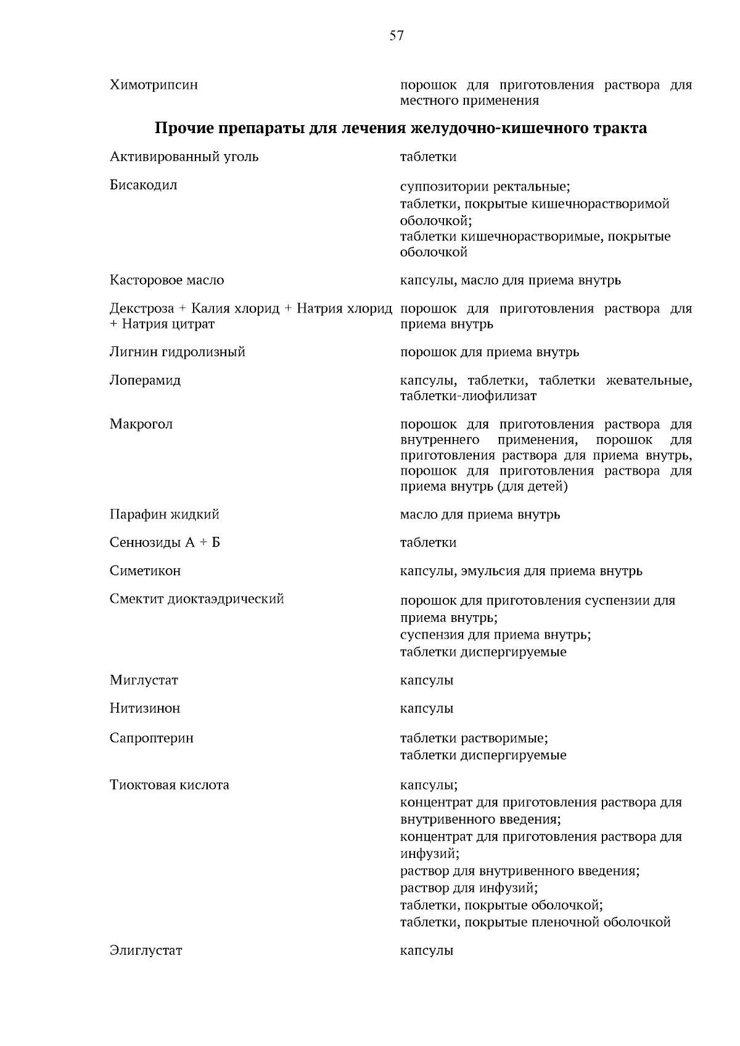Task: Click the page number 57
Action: tap(397, 36)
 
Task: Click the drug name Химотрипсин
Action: tap(154, 85)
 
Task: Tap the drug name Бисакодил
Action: tap(143, 185)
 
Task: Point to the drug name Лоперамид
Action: tap(145, 380)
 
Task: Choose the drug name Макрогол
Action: tap(141, 424)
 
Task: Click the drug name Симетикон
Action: tap(145, 571)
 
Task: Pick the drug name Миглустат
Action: tap(144, 680)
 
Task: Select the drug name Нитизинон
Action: tap(145, 708)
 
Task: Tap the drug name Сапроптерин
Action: tap(152, 738)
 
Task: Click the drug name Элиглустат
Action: tap(146, 950)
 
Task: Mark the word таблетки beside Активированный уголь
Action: tap(428, 157)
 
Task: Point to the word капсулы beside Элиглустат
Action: tap(427, 950)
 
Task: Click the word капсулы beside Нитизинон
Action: tap(427, 708)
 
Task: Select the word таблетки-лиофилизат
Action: tap(468, 396)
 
